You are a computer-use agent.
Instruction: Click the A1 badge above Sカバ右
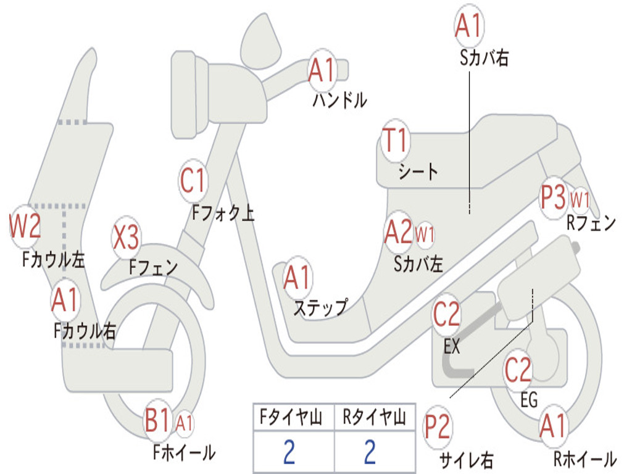(x=468, y=26)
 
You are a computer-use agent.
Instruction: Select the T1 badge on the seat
(x=395, y=141)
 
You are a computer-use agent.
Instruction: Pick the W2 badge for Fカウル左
(x=25, y=227)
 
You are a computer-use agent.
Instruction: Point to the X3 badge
(x=126, y=238)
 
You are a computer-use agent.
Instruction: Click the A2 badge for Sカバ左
(x=398, y=232)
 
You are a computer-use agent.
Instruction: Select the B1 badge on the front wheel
(x=158, y=422)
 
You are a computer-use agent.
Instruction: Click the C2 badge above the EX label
(x=447, y=315)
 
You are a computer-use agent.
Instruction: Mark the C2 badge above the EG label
(x=518, y=370)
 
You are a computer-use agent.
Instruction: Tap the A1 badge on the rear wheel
(x=552, y=426)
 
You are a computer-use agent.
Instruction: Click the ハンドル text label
(x=339, y=100)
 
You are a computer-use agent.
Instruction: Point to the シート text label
(x=418, y=171)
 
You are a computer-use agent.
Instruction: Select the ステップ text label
(x=320, y=307)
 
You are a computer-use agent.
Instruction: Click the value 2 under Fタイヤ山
(x=289, y=452)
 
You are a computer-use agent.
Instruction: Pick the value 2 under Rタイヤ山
(x=370, y=452)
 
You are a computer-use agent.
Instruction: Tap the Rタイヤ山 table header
(x=374, y=418)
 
